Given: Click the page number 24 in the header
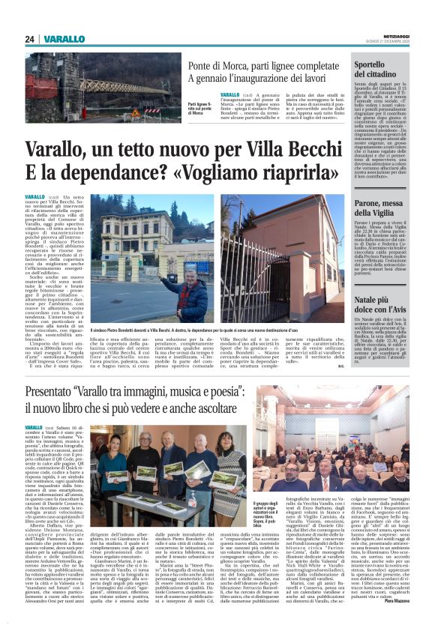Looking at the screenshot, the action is (x=30, y=39).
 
